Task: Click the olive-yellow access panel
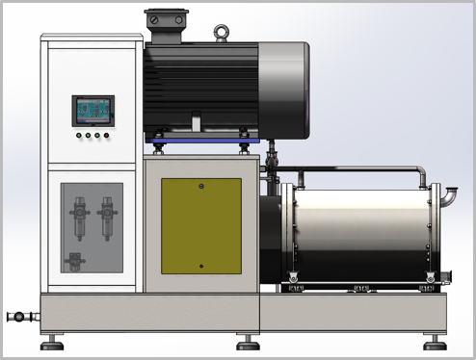[x=200, y=224]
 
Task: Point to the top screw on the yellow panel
[x=200, y=185]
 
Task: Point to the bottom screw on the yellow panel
[x=200, y=266]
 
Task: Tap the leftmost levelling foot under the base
[x=52, y=342]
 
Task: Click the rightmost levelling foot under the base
[x=436, y=342]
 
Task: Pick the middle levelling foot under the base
[x=249, y=342]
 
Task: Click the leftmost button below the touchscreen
[x=77, y=136]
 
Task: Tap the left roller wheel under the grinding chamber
[x=296, y=286]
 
